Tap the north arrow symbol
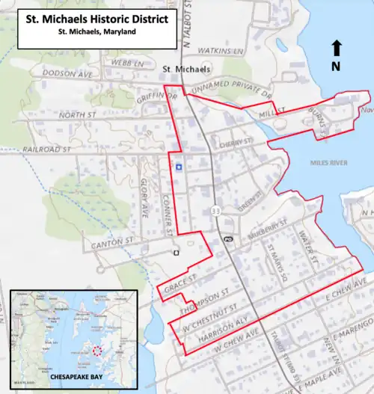337,49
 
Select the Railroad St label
46,150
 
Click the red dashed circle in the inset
96,350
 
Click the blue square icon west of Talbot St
179,167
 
